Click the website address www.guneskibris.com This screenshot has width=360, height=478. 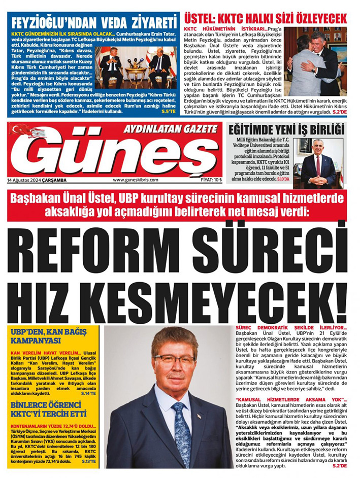[136, 180]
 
